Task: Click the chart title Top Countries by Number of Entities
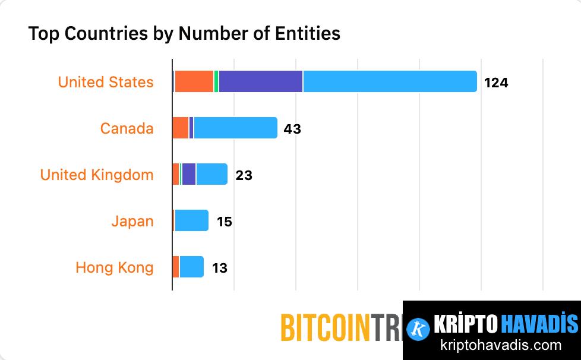click(184, 33)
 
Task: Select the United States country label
click(106, 82)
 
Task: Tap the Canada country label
click(127, 128)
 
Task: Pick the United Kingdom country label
click(97, 175)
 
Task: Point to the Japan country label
click(132, 221)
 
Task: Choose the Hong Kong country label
click(115, 267)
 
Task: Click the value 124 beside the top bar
click(496, 83)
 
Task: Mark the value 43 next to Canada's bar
click(292, 128)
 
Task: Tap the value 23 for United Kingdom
click(244, 175)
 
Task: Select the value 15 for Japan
click(224, 222)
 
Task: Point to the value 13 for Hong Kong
click(219, 268)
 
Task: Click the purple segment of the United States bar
click(261, 81)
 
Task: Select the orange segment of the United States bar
click(194, 81)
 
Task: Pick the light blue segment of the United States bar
click(390, 81)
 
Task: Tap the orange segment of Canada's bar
click(181, 128)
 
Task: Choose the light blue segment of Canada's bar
click(235, 128)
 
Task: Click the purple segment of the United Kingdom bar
click(189, 174)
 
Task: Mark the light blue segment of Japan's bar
click(191, 220)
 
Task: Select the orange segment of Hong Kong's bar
click(176, 267)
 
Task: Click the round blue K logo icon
click(419, 328)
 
